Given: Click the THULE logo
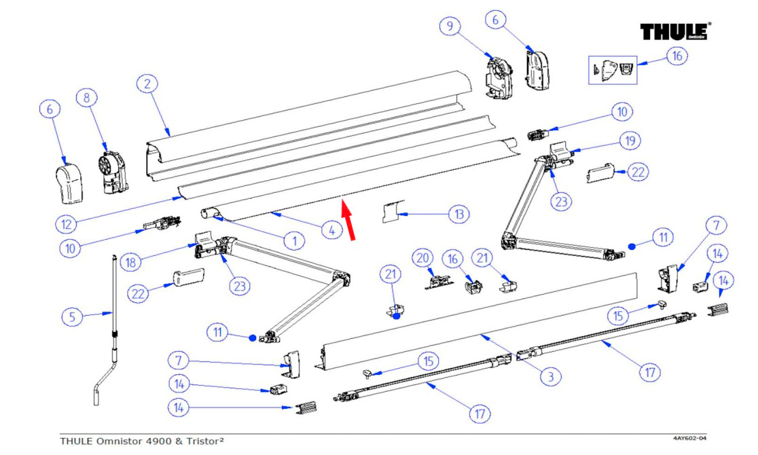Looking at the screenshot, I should (675, 33).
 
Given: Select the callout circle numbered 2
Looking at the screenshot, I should (147, 84).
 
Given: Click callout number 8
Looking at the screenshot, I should (87, 98).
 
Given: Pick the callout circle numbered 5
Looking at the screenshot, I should (73, 316).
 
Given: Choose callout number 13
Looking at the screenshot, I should (459, 215).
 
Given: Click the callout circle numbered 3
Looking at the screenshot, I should (550, 376).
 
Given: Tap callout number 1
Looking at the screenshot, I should (294, 240).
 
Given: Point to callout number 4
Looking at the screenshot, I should (331, 231).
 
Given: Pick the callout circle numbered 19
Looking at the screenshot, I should (629, 141).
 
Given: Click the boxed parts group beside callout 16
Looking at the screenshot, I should (613, 69).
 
